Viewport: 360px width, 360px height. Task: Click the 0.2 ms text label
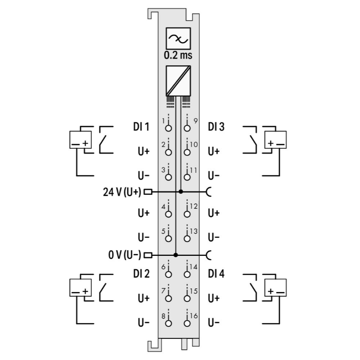tap(178, 55)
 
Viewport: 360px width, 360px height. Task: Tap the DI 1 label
tap(141, 127)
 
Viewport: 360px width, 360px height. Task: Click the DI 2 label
tap(141, 274)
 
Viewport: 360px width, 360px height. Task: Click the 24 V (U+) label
tap(122, 192)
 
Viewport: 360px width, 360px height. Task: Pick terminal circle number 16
tap(187, 324)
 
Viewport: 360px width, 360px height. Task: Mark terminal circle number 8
tap(168, 324)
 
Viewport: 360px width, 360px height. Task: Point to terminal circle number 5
tap(168, 239)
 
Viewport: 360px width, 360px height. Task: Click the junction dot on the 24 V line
tap(180, 192)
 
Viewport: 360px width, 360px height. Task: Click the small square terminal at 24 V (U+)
tap(148, 192)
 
